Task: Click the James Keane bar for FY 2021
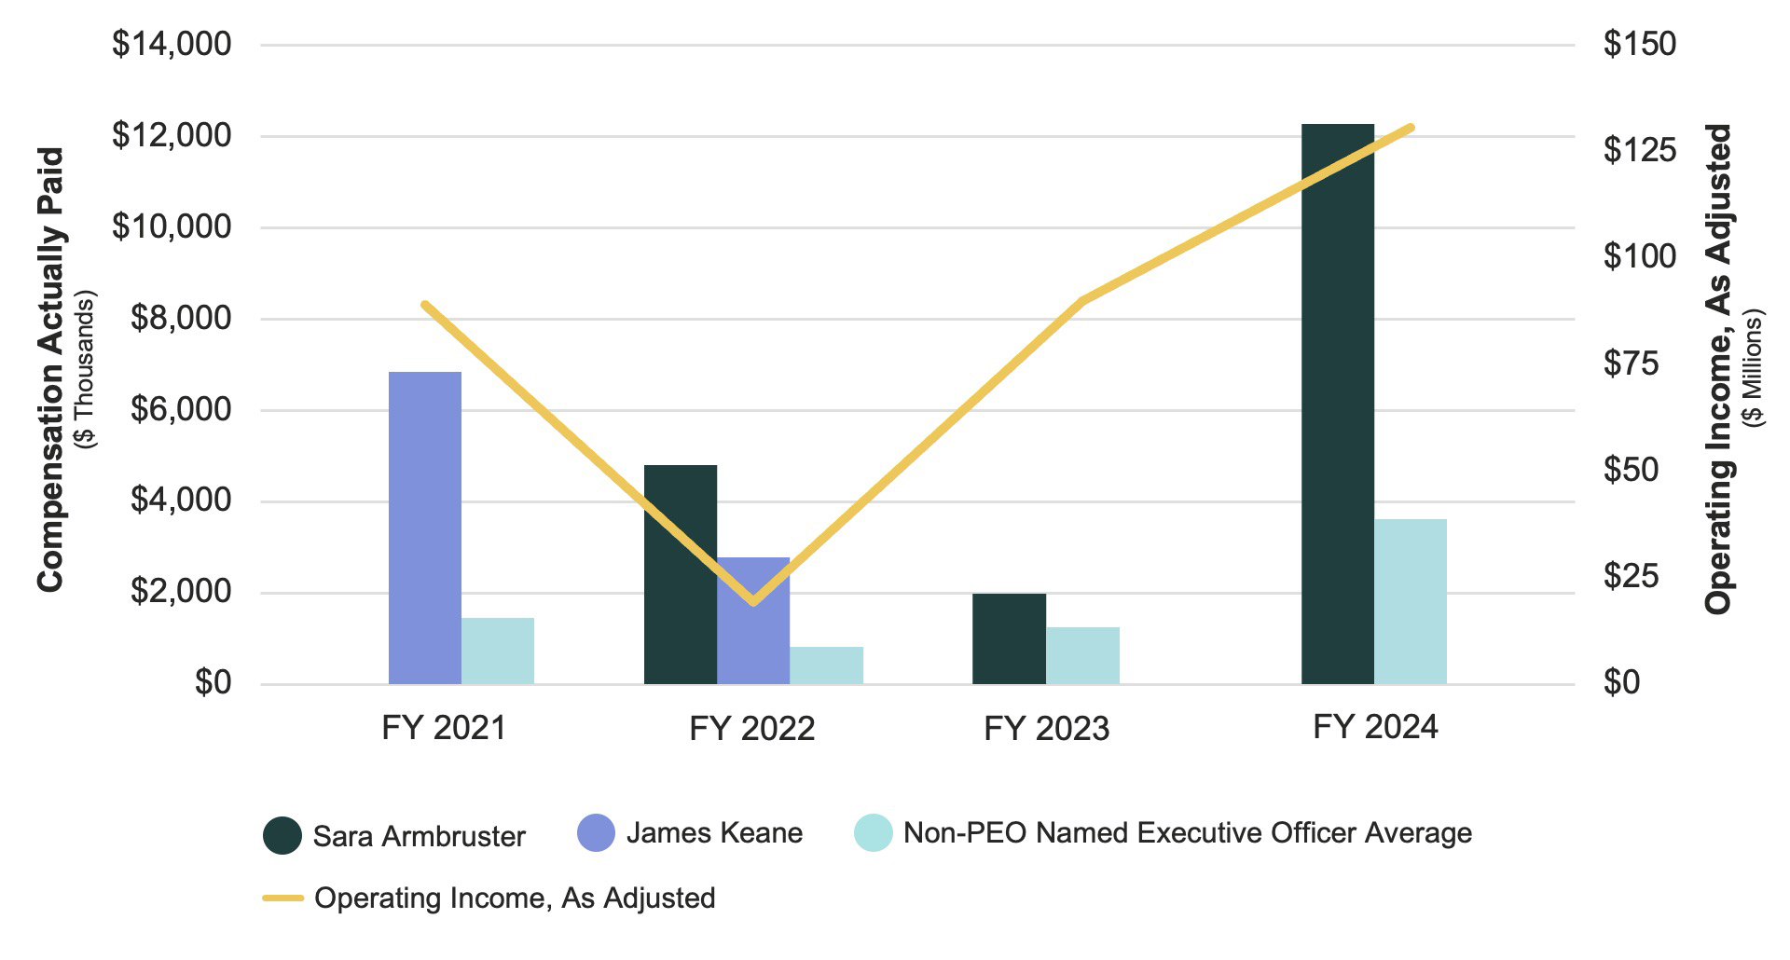click(424, 528)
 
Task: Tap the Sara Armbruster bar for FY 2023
click(1009, 638)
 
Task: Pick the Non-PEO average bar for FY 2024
click(1410, 601)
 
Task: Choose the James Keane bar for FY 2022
click(753, 621)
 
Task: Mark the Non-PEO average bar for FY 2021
click(498, 651)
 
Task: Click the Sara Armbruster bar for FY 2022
click(681, 574)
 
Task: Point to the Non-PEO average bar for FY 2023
click(1082, 655)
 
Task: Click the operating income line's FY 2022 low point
click(754, 601)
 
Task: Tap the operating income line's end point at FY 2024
click(1411, 128)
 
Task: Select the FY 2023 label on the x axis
click(1046, 728)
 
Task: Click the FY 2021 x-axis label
click(443, 728)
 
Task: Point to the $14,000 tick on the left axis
click(172, 44)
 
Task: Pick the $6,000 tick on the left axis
click(180, 409)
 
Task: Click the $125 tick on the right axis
click(1639, 149)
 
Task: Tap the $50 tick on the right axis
click(1631, 469)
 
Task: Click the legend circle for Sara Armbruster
click(282, 835)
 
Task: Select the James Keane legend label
click(714, 832)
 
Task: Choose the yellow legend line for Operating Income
click(282, 898)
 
